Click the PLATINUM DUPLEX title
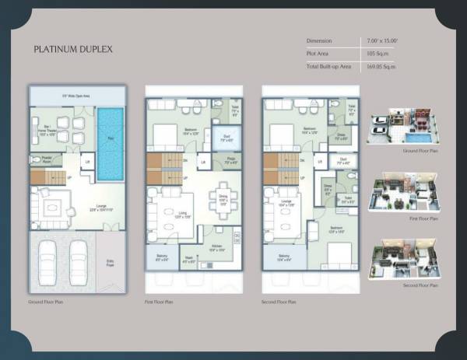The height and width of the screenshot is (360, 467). coord(73,49)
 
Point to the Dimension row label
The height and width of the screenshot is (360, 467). coord(319,40)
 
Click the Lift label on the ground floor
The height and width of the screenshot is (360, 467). coord(88,163)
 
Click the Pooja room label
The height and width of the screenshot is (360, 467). coord(231,162)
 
